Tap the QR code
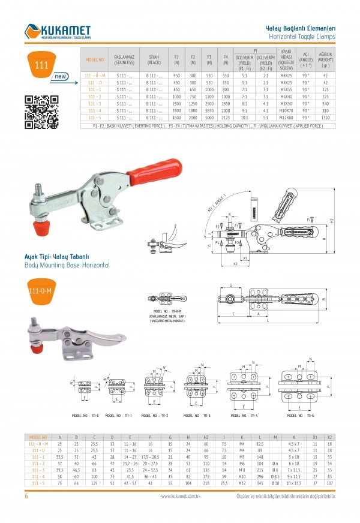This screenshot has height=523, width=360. [41, 112]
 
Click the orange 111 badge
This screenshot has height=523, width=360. [41, 65]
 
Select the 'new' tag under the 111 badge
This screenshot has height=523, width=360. [61, 77]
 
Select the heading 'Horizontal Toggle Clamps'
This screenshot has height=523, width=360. [300, 36]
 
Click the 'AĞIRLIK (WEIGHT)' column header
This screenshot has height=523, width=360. [325, 59]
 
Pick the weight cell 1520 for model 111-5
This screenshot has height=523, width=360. [325, 118]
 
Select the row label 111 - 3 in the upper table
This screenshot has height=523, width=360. [95, 104]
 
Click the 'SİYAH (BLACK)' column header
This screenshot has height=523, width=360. [154, 59]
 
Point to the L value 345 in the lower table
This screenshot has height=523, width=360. [259, 482]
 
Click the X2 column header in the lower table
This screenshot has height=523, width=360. [329, 437]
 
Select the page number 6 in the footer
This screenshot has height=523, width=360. [26, 496]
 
